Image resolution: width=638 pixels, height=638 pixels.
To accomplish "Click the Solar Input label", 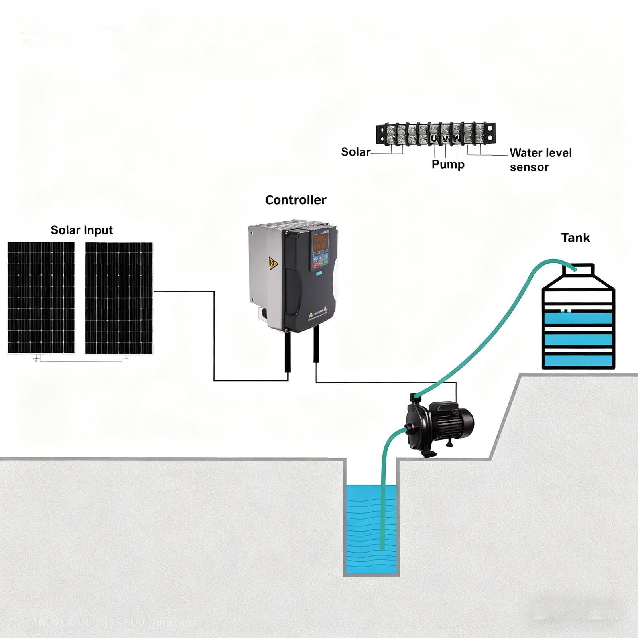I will [x=82, y=230].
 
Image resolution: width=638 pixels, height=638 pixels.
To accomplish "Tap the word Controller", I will [x=295, y=200].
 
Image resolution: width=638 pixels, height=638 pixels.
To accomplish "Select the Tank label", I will [x=575, y=238].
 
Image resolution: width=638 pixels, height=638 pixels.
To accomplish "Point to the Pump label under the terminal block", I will [x=448, y=164].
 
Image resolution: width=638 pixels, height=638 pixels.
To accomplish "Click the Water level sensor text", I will [x=540, y=159].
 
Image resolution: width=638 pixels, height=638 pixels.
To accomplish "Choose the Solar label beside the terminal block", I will [x=356, y=152].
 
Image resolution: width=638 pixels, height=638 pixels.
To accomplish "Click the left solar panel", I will [x=41, y=297].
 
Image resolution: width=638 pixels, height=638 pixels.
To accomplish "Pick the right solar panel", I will [x=119, y=297].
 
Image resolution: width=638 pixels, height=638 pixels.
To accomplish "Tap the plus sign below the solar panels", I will [x=36, y=359].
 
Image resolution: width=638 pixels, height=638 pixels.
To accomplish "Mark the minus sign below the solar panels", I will [x=126, y=358].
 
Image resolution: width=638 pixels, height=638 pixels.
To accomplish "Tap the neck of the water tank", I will [x=578, y=271].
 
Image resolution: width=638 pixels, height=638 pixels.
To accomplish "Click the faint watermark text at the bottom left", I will [x=104, y=622].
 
